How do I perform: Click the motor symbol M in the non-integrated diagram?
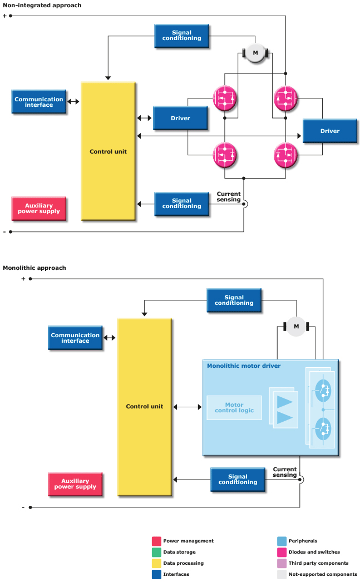click(x=255, y=53)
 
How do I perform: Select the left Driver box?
click(x=180, y=118)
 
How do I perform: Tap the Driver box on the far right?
click(x=329, y=131)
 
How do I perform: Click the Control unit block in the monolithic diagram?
click(x=145, y=406)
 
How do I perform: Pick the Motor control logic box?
click(x=234, y=408)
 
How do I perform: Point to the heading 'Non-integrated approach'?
click(x=42, y=5)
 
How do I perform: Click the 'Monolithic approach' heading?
click(x=34, y=268)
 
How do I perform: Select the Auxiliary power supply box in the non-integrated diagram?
click(x=39, y=209)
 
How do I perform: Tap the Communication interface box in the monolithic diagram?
click(x=75, y=338)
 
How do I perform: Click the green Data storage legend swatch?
click(x=156, y=552)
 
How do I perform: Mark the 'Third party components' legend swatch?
click(x=282, y=563)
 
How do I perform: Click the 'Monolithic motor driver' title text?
click(x=244, y=366)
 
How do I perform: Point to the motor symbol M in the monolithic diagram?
click(x=296, y=326)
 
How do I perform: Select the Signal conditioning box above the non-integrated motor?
click(x=181, y=36)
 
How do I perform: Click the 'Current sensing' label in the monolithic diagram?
click(x=284, y=472)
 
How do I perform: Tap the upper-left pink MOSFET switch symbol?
click(x=225, y=97)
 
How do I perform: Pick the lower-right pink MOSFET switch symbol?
click(x=286, y=155)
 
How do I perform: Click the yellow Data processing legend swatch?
click(x=156, y=563)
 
